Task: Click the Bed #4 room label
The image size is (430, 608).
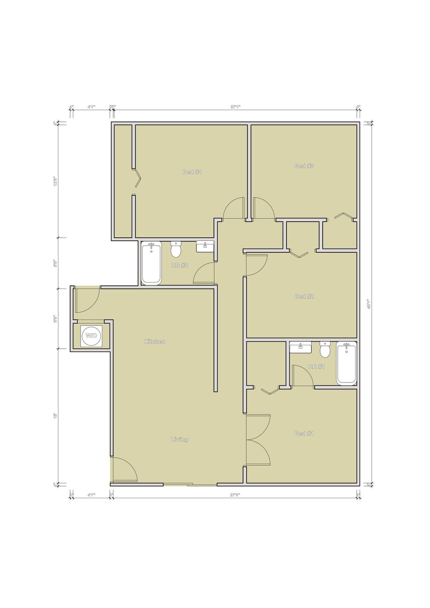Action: (192, 172)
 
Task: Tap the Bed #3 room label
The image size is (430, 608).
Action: (304, 166)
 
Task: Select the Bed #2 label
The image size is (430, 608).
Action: (304, 296)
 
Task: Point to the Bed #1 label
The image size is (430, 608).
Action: (304, 433)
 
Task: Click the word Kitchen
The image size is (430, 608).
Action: (155, 341)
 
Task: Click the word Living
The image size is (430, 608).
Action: (179, 439)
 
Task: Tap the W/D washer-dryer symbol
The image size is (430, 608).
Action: (91, 336)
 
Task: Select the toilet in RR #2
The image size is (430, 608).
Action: (176, 249)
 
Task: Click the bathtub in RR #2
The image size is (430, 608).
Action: (151, 263)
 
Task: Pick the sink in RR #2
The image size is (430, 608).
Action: (205, 246)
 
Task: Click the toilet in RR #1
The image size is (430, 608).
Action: (325, 349)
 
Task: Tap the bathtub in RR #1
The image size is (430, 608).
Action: (346, 363)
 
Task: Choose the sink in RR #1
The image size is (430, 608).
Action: (300, 347)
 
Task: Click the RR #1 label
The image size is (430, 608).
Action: (317, 367)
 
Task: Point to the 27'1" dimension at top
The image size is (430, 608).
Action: (235, 107)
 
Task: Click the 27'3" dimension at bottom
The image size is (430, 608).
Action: (235, 495)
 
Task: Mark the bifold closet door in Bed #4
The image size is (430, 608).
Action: (137, 178)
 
